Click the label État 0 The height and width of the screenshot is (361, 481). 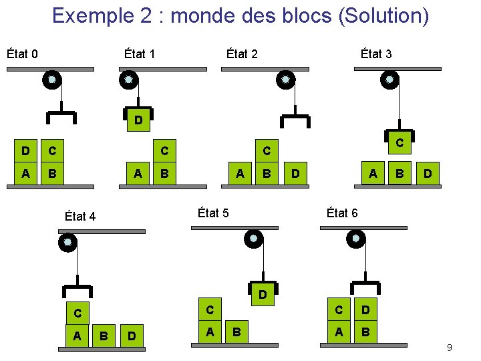coord(22,53)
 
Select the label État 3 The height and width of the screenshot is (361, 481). coord(375,53)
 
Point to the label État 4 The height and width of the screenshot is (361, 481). coord(80,216)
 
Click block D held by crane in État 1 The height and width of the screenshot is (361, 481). coord(138,120)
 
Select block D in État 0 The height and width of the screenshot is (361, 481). coord(25,152)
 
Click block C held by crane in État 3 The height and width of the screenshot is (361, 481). coord(399,142)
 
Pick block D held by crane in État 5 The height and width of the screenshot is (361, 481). coord(263,294)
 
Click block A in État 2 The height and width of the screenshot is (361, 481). coord(240,174)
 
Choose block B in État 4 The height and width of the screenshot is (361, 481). coord(104,336)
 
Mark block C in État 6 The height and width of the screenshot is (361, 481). coord(339,310)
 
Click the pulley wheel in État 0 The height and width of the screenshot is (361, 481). coord(52,81)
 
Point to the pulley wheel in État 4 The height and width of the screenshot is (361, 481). coord(67,243)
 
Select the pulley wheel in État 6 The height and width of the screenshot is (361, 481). coord(355,238)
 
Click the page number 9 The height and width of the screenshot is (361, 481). coord(449,348)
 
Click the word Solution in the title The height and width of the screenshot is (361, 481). coord(382,15)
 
